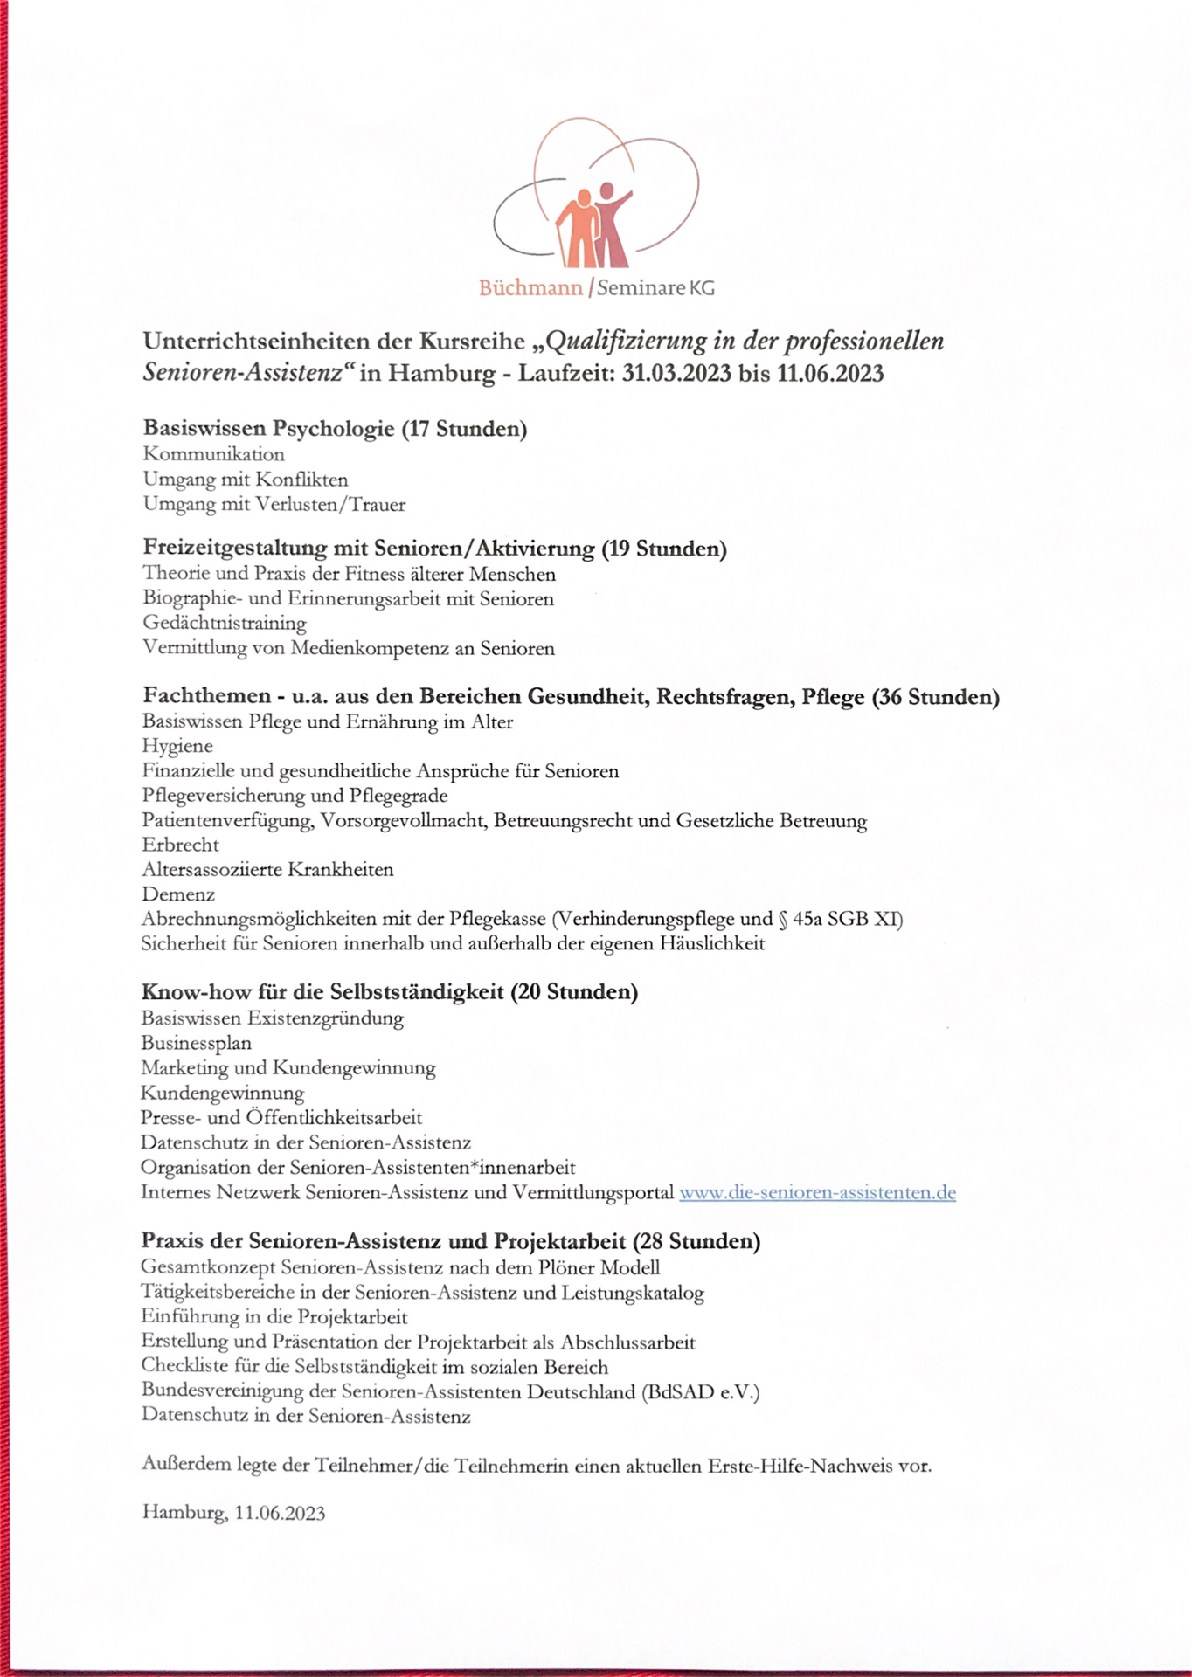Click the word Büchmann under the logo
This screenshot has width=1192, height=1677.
pyautogui.click(x=530, y=287)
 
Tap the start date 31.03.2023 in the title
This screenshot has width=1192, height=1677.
pyautogui.click(x=676, y=374)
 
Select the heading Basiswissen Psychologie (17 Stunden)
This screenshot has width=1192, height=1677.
pyautogui.click(x=335, y=428)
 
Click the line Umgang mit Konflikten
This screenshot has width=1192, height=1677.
pyautogui.click(x=246, y=480)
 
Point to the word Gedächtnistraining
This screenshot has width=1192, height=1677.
pyautogui.click(x=225, y=623)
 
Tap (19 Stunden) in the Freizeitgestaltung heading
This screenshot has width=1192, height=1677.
pyautogui.click(x=664, y=549)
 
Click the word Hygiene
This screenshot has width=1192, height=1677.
pyautogui.click(x=177, y=746)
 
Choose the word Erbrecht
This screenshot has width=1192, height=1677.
pyautogui.click(x=181, y=845)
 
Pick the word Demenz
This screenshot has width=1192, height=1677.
pyautogui.click(x=178, y=894)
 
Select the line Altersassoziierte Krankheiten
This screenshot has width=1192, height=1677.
pyautogui.click(x=267, y=869)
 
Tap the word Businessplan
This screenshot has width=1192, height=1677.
pyautogui.click(x=196, y=1043)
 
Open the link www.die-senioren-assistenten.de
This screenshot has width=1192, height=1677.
pyautogui.click(x=817, y=1192)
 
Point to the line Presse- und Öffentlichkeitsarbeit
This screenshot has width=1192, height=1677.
pyautogui.click(x=281, y=1117)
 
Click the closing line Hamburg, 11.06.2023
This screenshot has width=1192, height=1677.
pyautogui.click(x=233, y=1513)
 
